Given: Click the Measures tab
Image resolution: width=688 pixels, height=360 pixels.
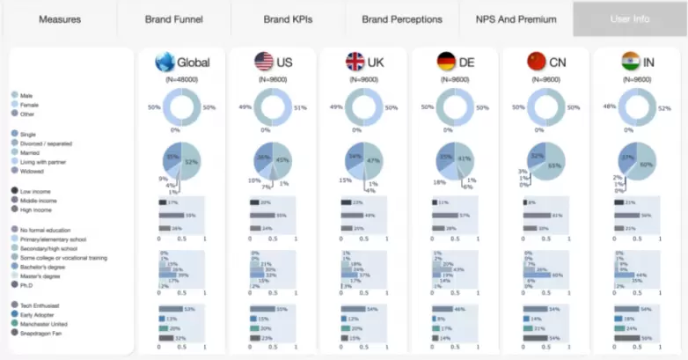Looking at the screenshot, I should pyautogui.click(x=60, y=18).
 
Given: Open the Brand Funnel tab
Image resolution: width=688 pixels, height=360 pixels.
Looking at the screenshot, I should pyautogui.click(x=174, y=18).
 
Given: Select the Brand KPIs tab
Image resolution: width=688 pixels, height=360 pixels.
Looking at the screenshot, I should pyautogui.click(x=288, y=18).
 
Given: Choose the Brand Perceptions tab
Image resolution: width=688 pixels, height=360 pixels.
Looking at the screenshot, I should pyautogui.click(x=401, y=18).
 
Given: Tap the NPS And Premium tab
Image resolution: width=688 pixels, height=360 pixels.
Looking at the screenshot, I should pyautogui.click(x=516, y=18).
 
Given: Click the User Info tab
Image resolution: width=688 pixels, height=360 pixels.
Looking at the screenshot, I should pyautogui.click(x=630, y=18).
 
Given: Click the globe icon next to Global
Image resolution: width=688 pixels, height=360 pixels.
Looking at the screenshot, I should pyautogui.click(x=165, y=62).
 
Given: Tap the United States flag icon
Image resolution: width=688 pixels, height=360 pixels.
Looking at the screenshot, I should pyautogui.click(x=263, y=62).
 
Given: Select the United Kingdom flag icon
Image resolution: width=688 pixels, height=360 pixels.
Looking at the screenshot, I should pyautogui.click(x=355, y=62).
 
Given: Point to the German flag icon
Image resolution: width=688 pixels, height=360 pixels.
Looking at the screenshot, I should pyautogui.click(x=446, y=62).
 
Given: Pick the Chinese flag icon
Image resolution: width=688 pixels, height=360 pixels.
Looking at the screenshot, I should pyautogui.click(x=536, y=62).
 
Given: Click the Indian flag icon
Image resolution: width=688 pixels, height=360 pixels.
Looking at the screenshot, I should pyautogui.click(x=629, y=62).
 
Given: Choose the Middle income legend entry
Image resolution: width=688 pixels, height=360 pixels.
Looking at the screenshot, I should pyautogui.click(x=39, y=200).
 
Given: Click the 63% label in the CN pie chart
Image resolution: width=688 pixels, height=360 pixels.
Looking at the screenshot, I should pyautogui.click(x=554, y=165).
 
